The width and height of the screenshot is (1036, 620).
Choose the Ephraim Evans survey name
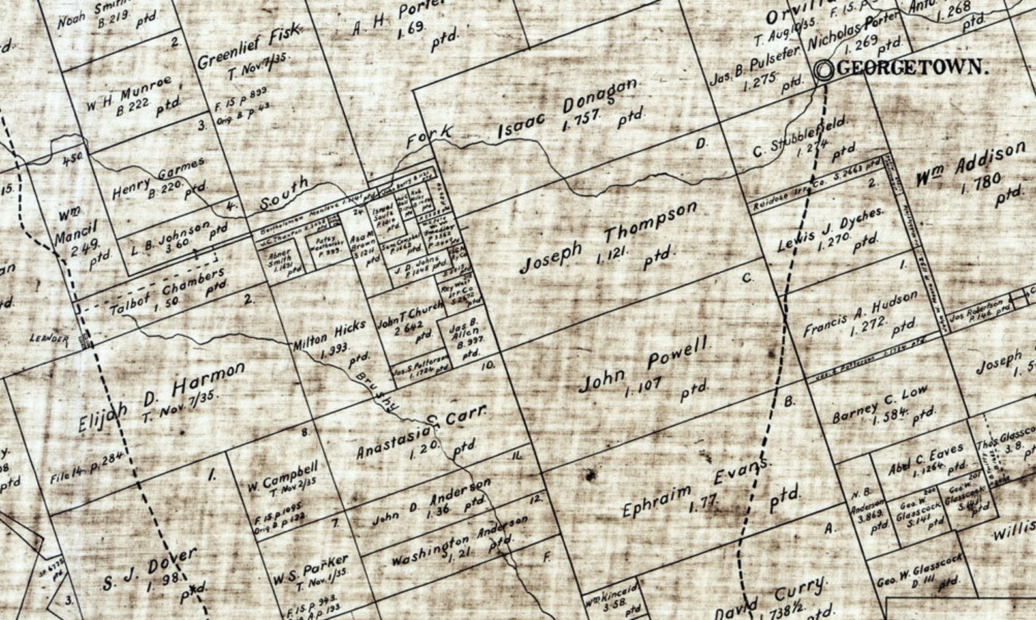pyautogui.click(x=695, y=487)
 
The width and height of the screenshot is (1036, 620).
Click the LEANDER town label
pyautogui.click(x=49, y=339)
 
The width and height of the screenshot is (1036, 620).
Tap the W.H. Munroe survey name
pyautogui.click(x=129, y=95)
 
